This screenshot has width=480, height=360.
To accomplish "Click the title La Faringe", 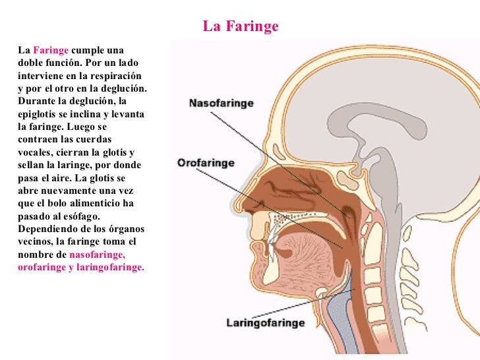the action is [241, 27].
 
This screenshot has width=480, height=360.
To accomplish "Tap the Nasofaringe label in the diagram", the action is [222, 104].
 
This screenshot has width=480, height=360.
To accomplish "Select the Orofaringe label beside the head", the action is [206, 163].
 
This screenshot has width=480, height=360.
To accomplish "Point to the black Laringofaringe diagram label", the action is [265, 323].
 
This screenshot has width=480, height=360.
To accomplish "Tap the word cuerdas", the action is [95, 140].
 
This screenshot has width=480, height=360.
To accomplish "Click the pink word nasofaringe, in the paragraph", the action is [97, 255].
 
